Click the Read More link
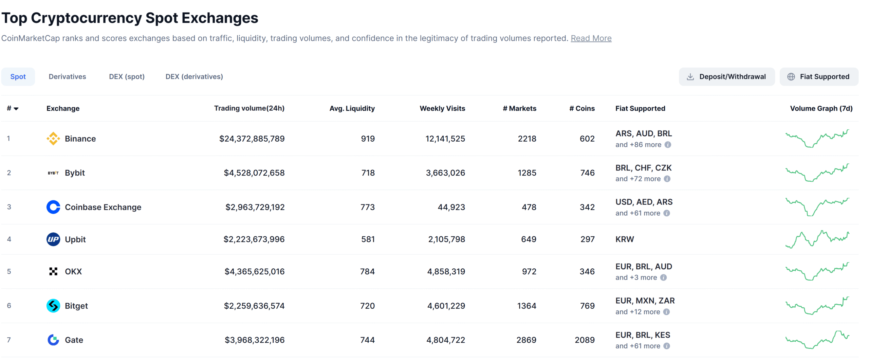pos(591,38)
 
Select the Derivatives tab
pos(67,77)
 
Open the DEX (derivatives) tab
pos(194,77)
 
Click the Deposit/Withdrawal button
pos(726,77)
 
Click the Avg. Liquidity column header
pos(352,108)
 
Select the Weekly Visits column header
pos(442,108)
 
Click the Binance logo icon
pos(53,139)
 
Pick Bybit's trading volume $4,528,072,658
pos(254,173)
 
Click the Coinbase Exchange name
pos(103,207)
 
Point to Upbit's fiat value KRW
pos(624,239)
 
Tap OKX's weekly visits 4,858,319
pos(446,272)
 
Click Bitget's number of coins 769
pos(587,306)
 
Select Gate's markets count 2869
pos(526,340)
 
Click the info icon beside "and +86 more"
pos(668,145)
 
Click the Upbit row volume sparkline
pos(817,239)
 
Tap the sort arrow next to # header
pos(16,109)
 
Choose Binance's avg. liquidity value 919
pos(368,139)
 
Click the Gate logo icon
pos(53,340)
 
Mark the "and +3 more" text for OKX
pos(636,277)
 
